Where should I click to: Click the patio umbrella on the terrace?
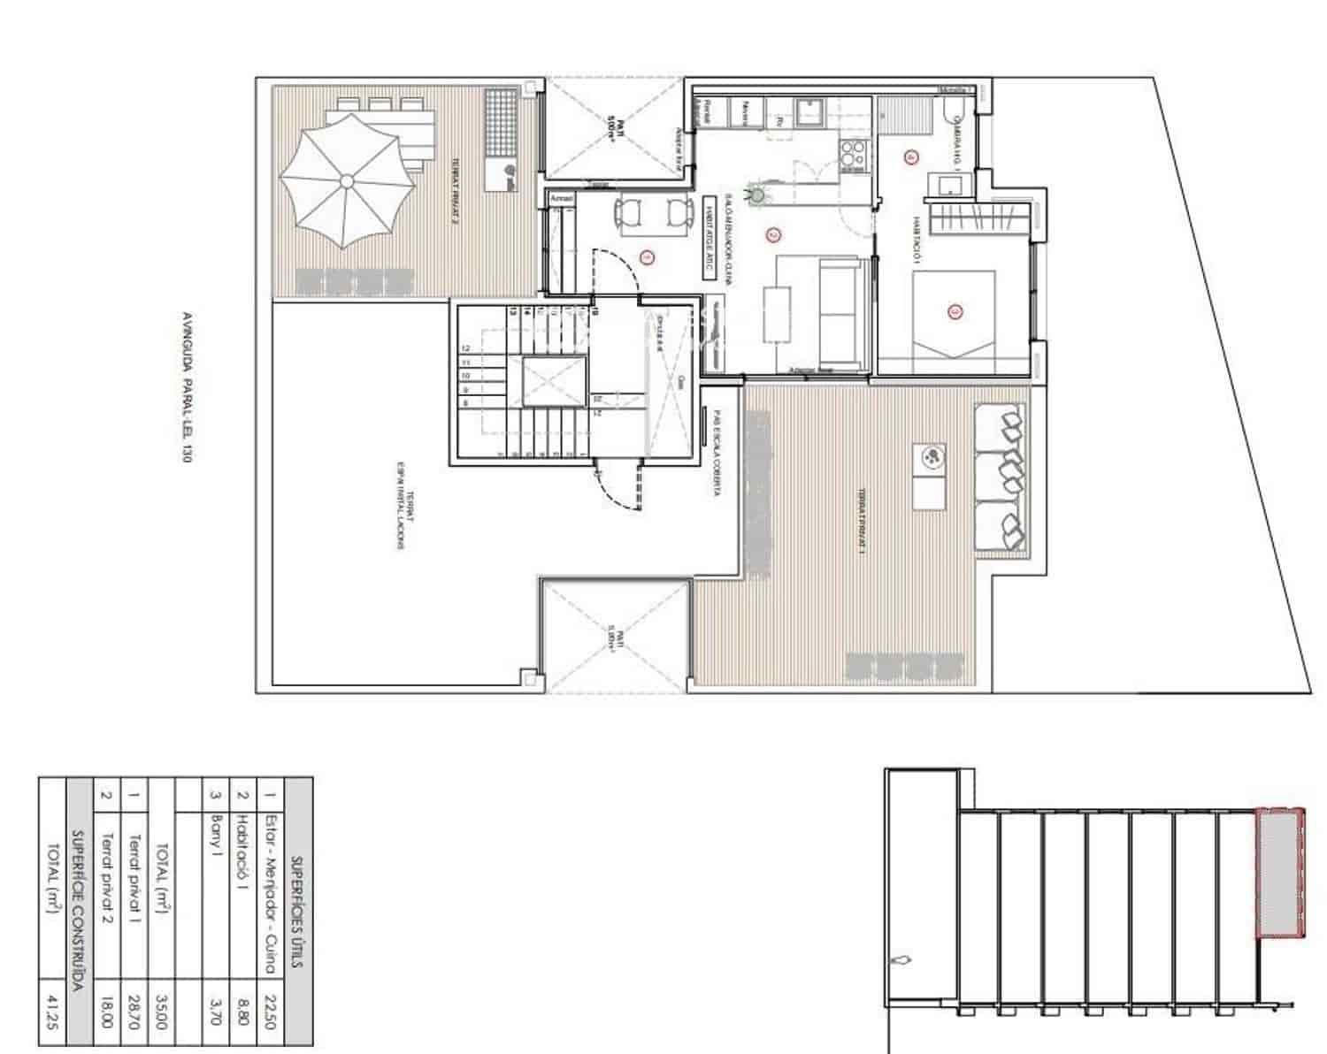346,181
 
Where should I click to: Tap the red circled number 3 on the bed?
955,311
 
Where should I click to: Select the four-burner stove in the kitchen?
853,153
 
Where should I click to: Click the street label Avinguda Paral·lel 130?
186,386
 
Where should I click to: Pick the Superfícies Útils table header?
298,911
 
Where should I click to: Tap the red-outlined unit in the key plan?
1280,872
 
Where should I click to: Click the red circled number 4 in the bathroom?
912,157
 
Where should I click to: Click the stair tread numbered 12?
465,348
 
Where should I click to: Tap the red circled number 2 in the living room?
773,235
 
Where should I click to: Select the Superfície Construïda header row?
78,911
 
